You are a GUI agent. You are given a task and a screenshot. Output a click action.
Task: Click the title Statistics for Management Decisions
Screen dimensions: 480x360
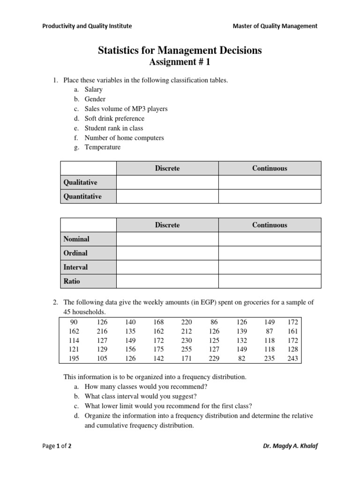tap(180, 51)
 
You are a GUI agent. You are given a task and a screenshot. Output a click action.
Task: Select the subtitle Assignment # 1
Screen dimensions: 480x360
tap(180, 62)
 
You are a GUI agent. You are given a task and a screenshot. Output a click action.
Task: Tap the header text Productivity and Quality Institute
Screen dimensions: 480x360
tap(87, 26)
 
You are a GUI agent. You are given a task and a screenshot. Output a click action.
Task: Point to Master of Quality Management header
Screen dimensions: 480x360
tap(275, 26)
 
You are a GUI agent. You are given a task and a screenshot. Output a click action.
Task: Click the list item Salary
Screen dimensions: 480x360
tap(93, 90)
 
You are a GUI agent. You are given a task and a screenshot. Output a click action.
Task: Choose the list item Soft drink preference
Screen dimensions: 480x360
tap(114, 118)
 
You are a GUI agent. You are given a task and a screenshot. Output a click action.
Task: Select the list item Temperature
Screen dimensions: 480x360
tap(102, 147)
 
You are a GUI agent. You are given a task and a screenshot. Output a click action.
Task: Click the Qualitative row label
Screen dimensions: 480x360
tap(80, 182)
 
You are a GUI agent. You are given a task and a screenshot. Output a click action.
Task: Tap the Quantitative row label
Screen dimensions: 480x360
tap(82, 196)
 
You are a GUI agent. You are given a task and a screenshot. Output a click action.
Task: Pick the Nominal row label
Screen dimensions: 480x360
tap(76, 239)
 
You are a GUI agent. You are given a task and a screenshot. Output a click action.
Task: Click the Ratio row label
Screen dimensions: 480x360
tap(72, 281)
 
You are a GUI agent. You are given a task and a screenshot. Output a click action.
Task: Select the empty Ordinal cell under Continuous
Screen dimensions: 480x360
tap(270, 253)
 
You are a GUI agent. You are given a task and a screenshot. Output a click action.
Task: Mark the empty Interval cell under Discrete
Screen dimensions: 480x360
tap(167, 267)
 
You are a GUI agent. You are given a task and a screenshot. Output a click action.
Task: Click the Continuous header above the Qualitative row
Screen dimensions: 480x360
tap(270, 168)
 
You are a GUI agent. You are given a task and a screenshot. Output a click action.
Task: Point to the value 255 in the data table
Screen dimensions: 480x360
tap(186, 350)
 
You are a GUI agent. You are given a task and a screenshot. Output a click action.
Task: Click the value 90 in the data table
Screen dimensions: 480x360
tap(74, 322)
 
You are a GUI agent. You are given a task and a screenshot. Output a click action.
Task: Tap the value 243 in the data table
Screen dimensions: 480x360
tap(292, 359)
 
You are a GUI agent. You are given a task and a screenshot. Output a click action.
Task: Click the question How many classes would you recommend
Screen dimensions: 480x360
tap(146, 387)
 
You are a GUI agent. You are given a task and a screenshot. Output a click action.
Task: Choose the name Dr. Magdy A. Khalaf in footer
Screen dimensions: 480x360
tap(290, 446)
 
